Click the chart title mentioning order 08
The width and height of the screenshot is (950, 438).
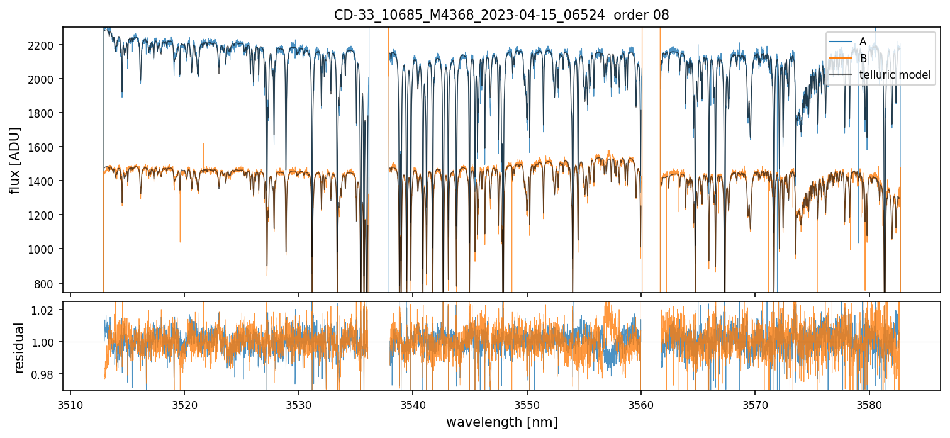coord(501,15)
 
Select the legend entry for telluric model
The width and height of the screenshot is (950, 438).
coord(895,76)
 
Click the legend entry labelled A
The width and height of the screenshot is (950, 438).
coord(863,42)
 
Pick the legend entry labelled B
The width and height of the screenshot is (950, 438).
coord(863,59)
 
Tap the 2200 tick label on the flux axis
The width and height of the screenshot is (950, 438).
coord(45,45)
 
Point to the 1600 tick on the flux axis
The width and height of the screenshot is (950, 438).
coord(45,147)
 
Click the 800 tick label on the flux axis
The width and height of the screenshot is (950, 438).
coord(47,283)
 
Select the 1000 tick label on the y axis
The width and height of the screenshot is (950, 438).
coord(45,249)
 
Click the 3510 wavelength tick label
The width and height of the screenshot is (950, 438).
coord(70,403)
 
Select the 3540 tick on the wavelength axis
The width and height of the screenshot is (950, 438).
coord(413,403)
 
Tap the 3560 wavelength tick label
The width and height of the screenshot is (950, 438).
coord(641,403)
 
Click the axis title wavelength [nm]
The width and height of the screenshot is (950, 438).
coord(501,422)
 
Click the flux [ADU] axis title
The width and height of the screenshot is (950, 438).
coord(15,160)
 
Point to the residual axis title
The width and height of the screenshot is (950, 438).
coord(20,347)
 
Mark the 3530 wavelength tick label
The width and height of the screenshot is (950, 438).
coord(298,403)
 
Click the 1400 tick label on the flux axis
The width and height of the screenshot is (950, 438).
coord(45,181)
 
